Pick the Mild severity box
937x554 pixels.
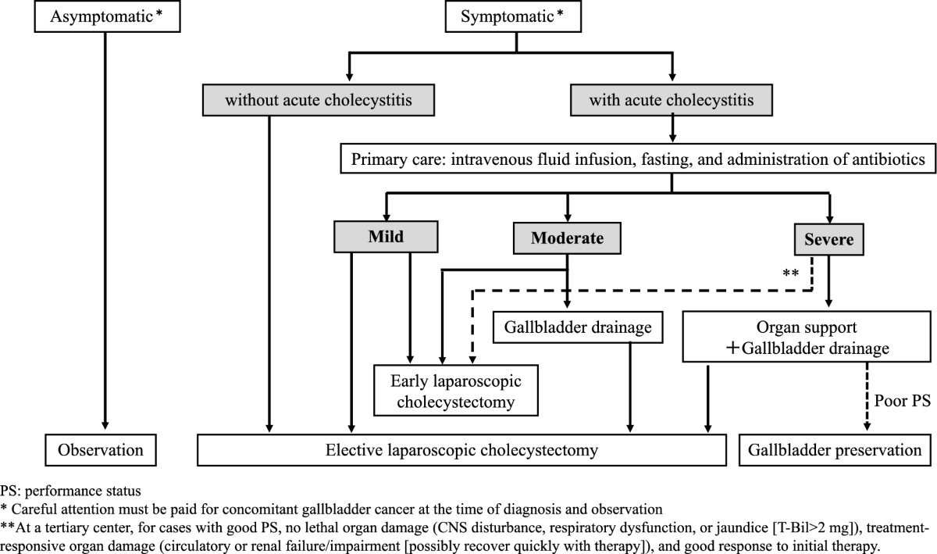(x=386, y=238)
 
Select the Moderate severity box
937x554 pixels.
(x=567, y=238)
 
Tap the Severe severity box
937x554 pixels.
(x=829, y=239)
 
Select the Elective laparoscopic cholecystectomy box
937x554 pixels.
(x=461, y=450)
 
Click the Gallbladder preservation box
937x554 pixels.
(x=835, y=450)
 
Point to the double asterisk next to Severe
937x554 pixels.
(x=791, y=274)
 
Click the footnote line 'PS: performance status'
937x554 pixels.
(x=70, y=491)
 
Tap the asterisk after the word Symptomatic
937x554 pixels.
(x=559, y=14)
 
